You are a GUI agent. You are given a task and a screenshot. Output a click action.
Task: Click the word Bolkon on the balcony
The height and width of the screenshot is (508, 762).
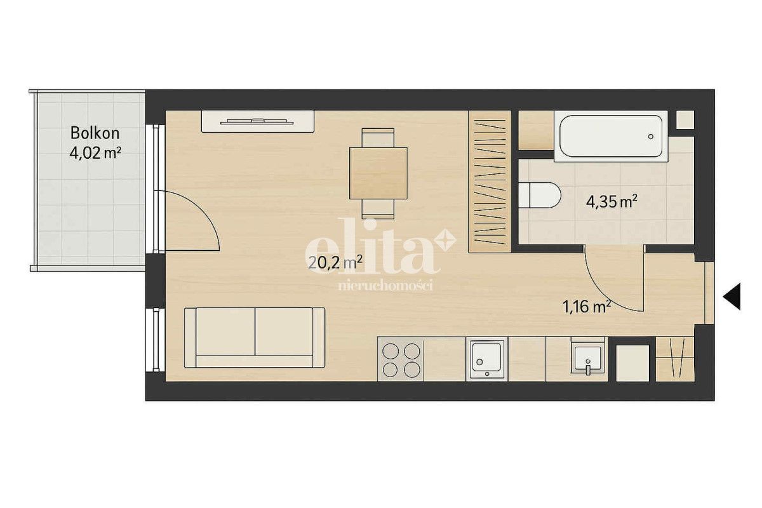click(95, 133)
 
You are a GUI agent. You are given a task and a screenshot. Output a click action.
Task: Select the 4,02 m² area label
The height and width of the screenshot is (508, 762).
click(95, 153)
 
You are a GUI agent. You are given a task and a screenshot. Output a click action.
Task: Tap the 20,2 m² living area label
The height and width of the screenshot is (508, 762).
click(335, 263)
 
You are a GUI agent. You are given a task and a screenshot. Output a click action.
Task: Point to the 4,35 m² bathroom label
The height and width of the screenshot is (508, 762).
click(612, 201)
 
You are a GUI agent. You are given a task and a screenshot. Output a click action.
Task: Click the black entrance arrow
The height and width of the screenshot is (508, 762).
click(732, 297)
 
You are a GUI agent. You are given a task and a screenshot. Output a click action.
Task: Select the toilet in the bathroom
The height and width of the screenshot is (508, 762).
click(540, 196)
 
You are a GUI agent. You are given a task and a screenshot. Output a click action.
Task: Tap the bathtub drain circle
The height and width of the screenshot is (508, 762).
click(651, 137)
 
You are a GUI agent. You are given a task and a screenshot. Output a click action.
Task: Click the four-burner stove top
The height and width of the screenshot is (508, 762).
click(401, 359)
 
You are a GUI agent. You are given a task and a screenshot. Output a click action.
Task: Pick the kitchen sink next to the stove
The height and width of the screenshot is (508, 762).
click(487, 359)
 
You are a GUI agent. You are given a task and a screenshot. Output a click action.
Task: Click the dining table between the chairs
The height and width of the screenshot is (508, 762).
click(378, 173)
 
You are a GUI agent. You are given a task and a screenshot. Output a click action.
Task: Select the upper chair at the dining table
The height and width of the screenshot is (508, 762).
click(378, 138)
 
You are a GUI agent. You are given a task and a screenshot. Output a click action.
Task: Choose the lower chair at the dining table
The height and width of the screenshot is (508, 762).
click(378, 209)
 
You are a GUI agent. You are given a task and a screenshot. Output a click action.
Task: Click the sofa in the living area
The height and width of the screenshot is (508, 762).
click(255, 338)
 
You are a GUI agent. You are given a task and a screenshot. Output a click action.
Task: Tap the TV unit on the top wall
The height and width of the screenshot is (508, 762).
click(258, 121)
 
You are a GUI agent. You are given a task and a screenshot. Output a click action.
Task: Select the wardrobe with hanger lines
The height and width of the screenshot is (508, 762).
click(490, 182)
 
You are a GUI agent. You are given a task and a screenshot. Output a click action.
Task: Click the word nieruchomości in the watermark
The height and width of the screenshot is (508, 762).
click(386, 285)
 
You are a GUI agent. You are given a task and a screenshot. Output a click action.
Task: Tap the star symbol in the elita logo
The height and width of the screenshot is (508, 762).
click(444, 241)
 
